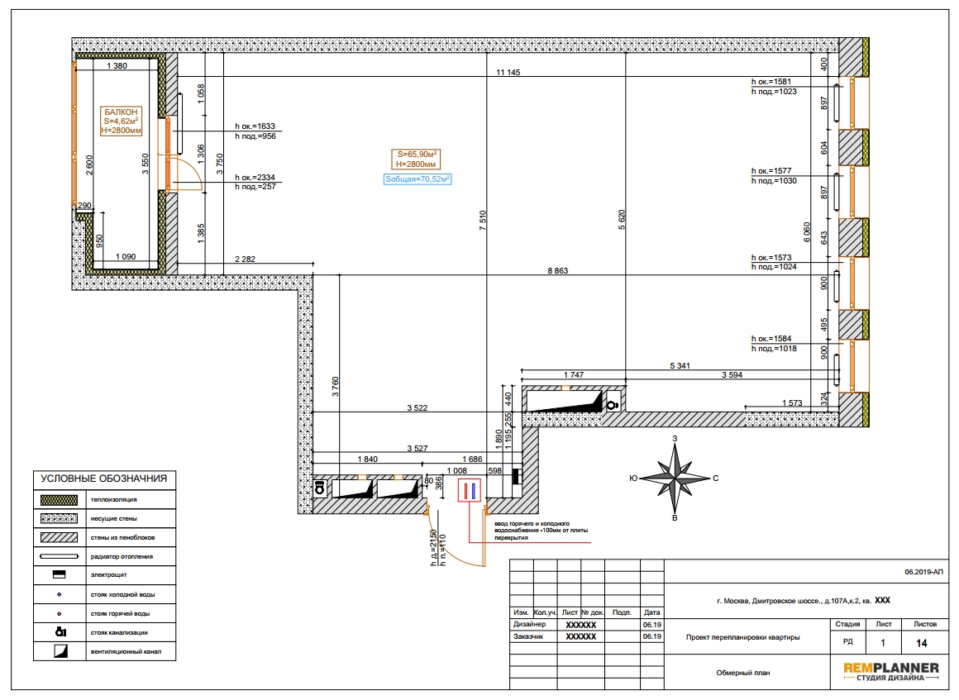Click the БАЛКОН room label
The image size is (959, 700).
(121, 112)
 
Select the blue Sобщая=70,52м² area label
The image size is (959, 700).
(417, 179)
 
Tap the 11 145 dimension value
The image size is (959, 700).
(508, 72)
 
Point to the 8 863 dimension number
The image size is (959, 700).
(558, 271)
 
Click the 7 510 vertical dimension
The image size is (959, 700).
(483, 220)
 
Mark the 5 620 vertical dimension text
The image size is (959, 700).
(622, 220)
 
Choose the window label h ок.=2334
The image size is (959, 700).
(255, 178)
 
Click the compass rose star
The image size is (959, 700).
(675, 478)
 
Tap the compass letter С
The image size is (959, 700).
(716, 478)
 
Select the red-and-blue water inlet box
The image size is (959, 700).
(469, 491)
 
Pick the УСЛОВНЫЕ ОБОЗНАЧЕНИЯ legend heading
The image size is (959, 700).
(104, 479)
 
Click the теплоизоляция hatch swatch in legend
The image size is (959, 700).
(59, 499)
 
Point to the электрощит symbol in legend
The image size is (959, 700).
(59, 574)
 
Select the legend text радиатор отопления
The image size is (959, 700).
(122, 556)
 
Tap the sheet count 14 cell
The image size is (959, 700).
(922, 643)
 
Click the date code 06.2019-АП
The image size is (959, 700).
(924, 572)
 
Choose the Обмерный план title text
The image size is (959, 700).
(743, 673)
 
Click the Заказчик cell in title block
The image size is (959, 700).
(528, 636)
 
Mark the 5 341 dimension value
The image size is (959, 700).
(680, 365)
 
